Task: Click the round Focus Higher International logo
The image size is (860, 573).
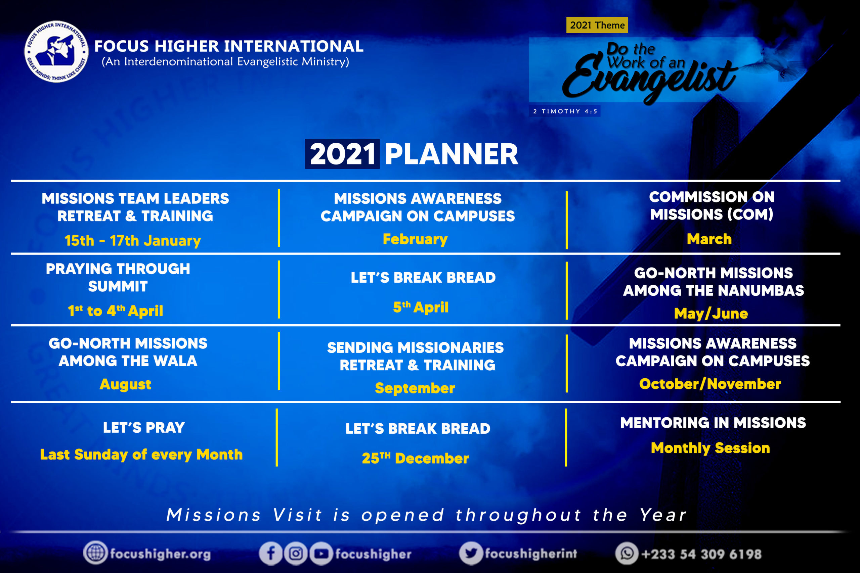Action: [x=56, y=51]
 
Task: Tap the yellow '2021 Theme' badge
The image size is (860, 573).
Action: [x=597, y=25]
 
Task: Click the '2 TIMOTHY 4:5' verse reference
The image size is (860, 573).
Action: [x=565, y=111]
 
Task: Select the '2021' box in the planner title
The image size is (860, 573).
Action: [x=342, y=154]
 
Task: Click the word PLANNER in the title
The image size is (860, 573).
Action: [x=451, y=154]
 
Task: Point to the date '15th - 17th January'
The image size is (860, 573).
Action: [x=133, y=240]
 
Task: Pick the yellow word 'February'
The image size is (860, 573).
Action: [x=415, y=239]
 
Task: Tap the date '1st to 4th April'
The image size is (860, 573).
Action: [x=116, y=311]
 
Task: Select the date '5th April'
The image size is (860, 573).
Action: [x=421, y=307]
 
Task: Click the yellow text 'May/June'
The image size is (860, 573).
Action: [x=711, y=314]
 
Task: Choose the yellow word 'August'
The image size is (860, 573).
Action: [x=125, y=384]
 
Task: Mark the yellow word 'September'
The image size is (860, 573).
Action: [x=415, y=388]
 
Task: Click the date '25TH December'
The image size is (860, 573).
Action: [x=415, y=458]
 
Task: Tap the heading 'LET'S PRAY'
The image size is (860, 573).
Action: [x=144, y=428]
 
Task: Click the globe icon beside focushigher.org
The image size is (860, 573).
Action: [x=95, y=553]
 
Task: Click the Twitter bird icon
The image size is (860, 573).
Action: [x=471, y=553]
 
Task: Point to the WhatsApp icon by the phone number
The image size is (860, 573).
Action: [x=627, y=553]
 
